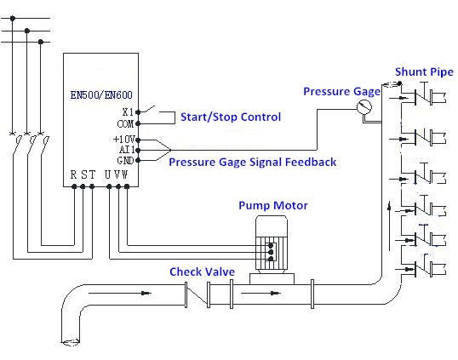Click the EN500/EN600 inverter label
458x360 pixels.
[101, 94]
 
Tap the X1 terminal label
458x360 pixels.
[128, 111]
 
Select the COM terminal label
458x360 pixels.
[125, 123]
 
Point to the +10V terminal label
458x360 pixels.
[123, 139]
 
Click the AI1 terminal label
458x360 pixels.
[127, 150]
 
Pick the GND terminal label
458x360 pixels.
[125, 160]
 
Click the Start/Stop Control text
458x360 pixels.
[231, 117]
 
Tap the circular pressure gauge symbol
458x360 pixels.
[364, 107]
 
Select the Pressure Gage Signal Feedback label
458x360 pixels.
[253, 162]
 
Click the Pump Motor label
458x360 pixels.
[273, 206]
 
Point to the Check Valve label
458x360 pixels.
[202, 271]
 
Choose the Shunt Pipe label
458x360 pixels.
[424, 71]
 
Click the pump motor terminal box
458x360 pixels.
[271, 252]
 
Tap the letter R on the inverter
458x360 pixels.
[73, 174]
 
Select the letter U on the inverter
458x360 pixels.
[107, 174]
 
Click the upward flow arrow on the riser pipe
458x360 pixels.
[389, 226]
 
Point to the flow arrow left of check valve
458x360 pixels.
[120, 293]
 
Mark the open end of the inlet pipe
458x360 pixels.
[70, 341]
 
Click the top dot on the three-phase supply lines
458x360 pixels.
[12, 19]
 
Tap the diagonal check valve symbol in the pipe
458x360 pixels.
[198, 294]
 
